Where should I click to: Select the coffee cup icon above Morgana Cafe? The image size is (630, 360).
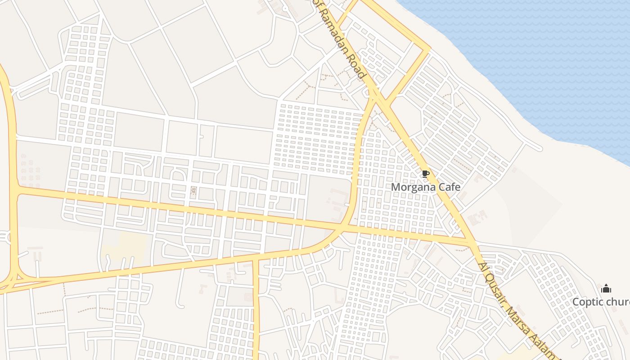tap(425, 174)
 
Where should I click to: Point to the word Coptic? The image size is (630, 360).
tap(586, 301)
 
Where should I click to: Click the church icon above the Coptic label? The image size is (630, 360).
tap(606, 288)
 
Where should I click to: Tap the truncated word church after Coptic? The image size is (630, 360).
tap(616, 301)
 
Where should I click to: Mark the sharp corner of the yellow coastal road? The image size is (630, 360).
tap(429, 48)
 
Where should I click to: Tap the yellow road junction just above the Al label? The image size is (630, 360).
tap(472, 243)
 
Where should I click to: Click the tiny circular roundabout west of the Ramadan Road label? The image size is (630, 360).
tap(284, 8)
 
